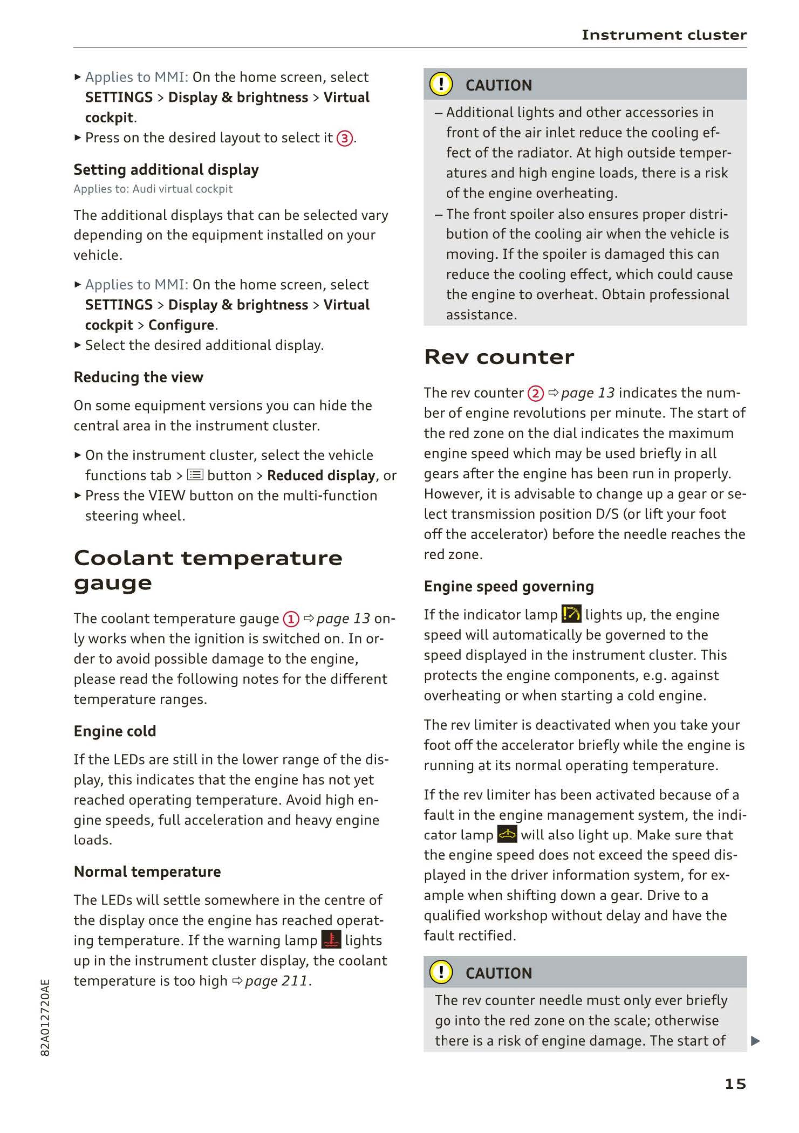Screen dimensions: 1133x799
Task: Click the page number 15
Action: point(735,1083)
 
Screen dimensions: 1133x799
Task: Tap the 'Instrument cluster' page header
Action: point(664,35)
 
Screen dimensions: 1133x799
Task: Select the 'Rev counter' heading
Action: point(499,357)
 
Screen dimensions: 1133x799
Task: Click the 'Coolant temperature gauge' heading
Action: point(208,570)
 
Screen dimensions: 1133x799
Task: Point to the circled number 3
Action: point(344,139)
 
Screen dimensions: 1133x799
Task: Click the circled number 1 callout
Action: point(291,619)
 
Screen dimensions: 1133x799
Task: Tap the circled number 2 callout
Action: point(535,394)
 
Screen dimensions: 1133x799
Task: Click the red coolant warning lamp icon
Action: point(331,940)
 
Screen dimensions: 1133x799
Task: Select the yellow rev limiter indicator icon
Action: point(571,614)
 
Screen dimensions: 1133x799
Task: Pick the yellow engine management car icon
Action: point(507,835)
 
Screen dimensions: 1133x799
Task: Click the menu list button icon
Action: point(195,475)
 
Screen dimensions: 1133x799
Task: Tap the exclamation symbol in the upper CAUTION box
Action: point(441,85)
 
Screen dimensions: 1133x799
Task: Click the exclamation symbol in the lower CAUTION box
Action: point(441,972)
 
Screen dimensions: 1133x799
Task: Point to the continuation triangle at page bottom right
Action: point(755,1041)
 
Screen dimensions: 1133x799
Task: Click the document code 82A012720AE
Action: point(45,1018)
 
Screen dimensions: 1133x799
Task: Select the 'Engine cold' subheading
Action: point(115,731)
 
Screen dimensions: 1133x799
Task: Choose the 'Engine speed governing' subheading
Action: point(509,586)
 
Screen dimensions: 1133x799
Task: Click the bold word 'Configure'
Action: point(181,325)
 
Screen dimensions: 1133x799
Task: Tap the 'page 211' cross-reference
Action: point(277,981)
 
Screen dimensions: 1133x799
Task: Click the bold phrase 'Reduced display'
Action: point(321,476)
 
